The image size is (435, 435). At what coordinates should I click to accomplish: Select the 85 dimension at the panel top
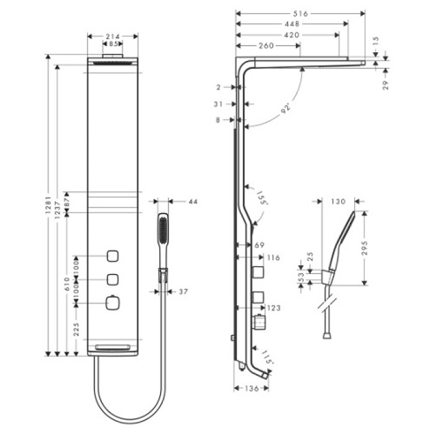pos(112,45)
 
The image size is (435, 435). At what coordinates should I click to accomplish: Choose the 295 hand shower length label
pos(367,247)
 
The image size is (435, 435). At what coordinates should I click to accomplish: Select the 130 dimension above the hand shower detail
pos(338,201)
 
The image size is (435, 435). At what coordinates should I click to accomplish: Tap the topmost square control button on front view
pos(112,255)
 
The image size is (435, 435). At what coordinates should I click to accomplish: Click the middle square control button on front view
pos(112,279)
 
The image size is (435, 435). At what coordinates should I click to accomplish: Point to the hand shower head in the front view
pos(163,230)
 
